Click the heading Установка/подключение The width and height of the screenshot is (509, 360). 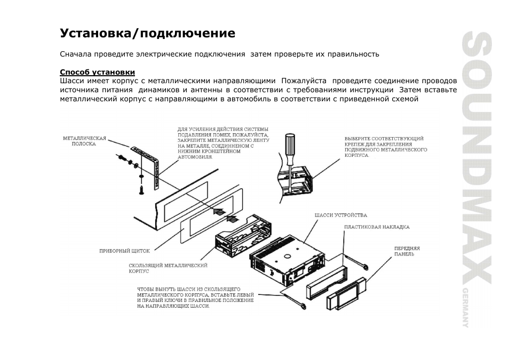pyautogui.click(x=147, y=34)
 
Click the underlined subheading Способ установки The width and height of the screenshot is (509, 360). pyautogui.click(x=97, y=72)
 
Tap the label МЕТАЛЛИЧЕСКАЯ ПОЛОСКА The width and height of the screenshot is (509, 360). pyautogui.click(x=85, y=141)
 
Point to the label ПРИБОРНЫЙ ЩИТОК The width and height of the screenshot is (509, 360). pyautogui.click(x=124, y=250)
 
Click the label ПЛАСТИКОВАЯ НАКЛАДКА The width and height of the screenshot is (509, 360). pyautogui.click(x=377, y=227)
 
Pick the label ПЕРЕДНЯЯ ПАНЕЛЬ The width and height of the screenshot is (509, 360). pyautogui.click(x=407, y=251)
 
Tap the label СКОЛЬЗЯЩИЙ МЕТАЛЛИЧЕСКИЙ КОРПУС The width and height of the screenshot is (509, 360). pyautogui.click(x=168, y=268)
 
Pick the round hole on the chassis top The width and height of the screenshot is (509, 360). pyautogui.click(x=287, y=255)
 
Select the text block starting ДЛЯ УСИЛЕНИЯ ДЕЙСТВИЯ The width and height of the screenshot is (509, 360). pyautogui.click(x=223, y=143)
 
